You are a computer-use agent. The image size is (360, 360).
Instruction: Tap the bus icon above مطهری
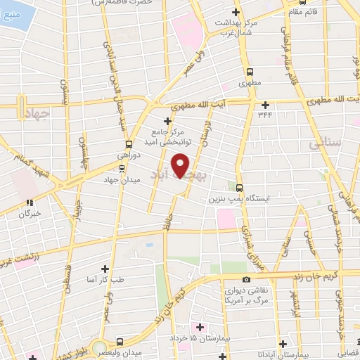pos(250,72)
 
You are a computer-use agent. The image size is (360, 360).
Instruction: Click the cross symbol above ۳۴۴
pos(264,104)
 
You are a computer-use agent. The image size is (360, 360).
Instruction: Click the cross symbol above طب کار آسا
pos(105,269)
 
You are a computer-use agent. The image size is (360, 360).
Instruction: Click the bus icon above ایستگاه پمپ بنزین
pos(240,188)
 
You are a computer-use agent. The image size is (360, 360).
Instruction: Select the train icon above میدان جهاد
pos(122,167)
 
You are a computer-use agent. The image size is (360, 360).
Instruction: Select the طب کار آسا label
pos(105,279)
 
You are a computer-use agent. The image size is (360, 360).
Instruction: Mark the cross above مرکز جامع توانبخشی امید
pos(167,121)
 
